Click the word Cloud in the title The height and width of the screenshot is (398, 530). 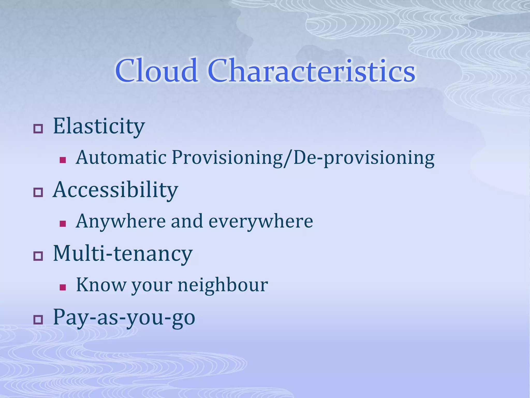click(156, 71)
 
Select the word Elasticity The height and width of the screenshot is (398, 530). click(99, 127)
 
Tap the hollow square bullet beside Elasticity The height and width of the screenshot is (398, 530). click(38, 129)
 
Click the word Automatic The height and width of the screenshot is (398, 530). click(121, 158)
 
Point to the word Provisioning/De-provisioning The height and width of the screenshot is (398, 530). click(303, 158)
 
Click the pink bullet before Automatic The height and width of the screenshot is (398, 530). click(63, 160)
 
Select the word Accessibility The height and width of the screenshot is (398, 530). click(115, 190)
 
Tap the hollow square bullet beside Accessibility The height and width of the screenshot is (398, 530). click(38, 193)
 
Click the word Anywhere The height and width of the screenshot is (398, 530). click(121, 222)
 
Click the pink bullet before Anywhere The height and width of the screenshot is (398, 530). click(63, 224)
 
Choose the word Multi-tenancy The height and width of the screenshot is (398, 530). click(123, 254)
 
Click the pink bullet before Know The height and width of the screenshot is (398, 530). click(63, 287)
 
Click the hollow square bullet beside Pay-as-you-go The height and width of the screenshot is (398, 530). click(38, 320)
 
